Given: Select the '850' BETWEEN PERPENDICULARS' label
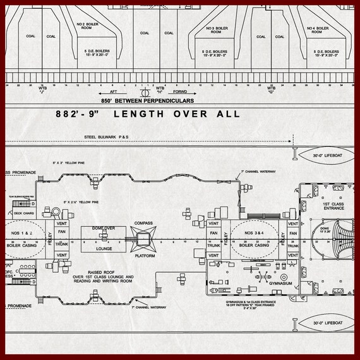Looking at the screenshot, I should [x=147, y=100].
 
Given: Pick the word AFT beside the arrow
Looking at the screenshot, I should [x=114, y=92].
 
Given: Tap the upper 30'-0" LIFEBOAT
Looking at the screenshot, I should [x=327, y=155].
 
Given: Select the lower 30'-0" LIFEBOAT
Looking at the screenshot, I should [x=327, y=325].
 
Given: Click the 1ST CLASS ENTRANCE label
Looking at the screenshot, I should [x=333, y=207].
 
